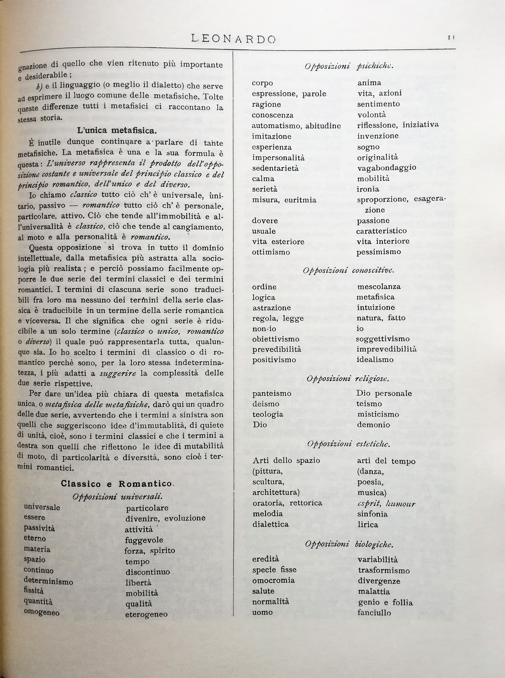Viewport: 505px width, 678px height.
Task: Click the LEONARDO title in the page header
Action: coord(233,39)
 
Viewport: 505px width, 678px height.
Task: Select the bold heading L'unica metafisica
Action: coord(117,131)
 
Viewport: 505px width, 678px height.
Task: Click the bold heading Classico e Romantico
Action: coord(117,484)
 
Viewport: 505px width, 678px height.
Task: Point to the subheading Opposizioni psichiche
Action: coord(349,66)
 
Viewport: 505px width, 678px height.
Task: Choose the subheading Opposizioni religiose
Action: coord(348,379)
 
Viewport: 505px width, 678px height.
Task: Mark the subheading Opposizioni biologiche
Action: coord(349,544)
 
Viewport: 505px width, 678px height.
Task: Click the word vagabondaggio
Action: coord(386,168)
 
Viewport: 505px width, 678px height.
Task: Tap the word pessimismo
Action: coord(378,252)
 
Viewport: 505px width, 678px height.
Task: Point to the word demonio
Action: coord(373,425)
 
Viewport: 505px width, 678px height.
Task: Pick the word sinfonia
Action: coord(372,514)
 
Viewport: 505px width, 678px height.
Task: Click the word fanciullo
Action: coord(374,613)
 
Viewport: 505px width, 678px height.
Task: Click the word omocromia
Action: coord(273,580)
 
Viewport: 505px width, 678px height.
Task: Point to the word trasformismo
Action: coord(384,570)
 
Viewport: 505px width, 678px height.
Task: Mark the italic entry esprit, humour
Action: coord(386,504)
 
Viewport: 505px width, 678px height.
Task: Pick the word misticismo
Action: coord(378,414)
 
